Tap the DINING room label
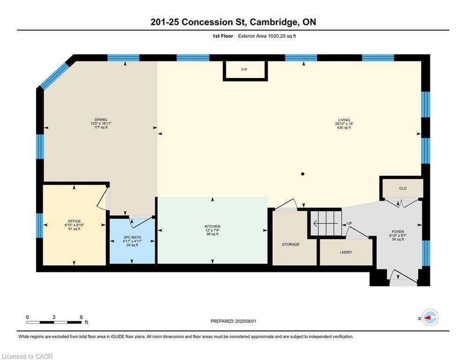coord(101,120)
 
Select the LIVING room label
coord(344,120)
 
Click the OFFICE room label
coord(74,221)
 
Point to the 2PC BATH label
coord(132,237)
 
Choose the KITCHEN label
coord(212,226)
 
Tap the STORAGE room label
coord(291,244)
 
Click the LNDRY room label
coord(346,252)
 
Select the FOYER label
coord(398,232)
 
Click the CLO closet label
coord(403,188)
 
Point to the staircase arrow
coord(325,223)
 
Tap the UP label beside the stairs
coord(349,223)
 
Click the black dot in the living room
coord(303,174)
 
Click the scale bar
coord(54,322)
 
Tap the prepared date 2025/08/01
coord(245,321)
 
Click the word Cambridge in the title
coord(274,22)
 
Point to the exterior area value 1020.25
coord(276,36)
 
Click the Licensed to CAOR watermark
coord(27,356)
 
